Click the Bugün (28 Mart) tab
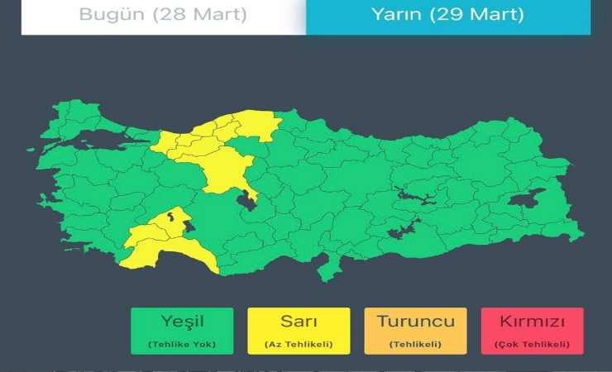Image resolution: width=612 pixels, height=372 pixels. [163, 15]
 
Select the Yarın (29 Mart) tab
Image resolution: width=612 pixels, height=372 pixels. [448, 15]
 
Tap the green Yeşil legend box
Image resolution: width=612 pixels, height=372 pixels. [182, 331]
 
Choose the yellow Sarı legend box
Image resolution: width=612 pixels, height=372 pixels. [299, 331]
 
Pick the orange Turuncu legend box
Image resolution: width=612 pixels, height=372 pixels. [415, 331]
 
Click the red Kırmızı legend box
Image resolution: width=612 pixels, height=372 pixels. [532, 331]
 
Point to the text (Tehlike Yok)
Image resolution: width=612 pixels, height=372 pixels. [182, 344]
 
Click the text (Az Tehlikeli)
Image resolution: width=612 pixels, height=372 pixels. [299, 344]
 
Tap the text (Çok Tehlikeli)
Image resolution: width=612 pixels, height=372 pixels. [532, 344]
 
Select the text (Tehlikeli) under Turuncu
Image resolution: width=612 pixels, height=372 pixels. [415, 344]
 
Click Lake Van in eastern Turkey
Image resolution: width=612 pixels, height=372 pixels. [526, 199]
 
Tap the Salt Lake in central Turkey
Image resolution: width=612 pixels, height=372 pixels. [246, 198]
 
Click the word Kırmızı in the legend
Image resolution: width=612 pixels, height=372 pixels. [532, 321]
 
